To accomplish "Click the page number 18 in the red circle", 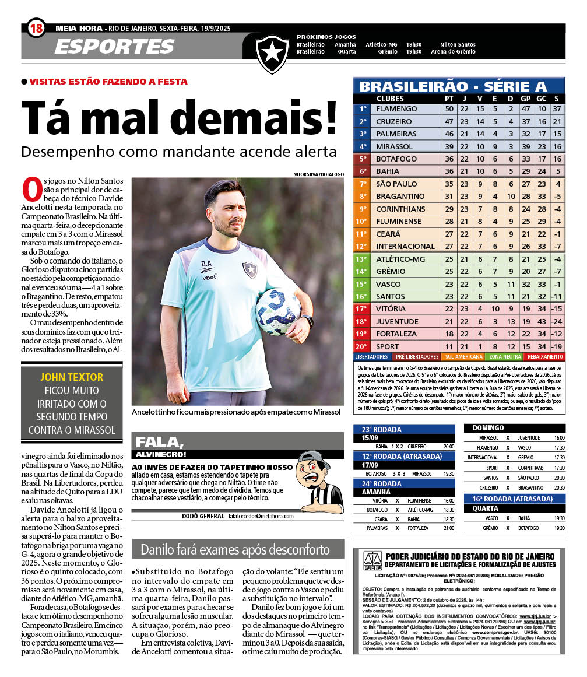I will (36, 27).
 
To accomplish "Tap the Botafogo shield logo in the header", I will (272, 52).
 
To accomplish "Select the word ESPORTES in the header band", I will (115, 47).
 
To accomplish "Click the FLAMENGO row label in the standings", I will (396, 109).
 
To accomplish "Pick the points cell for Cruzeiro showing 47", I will (449, 121).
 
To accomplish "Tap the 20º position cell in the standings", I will (362, 346).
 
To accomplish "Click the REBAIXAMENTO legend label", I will (544, 356).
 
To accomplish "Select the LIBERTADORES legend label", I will (371, 356).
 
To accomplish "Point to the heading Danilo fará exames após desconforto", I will (235, 549).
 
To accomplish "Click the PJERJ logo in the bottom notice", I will (372, 561).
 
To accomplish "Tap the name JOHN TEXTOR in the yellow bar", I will (72, 377).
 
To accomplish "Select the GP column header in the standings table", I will (525, 99).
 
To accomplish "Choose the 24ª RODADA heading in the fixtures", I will (382, 483).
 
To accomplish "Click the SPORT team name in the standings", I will (388, 346).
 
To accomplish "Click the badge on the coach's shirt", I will (250, 269).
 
